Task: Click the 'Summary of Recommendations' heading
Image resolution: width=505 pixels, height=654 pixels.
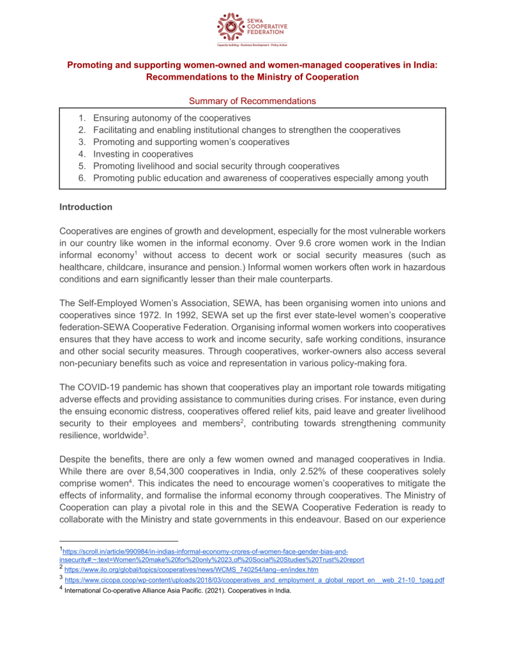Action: point(252,101)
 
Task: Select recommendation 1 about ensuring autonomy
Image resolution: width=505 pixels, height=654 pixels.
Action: point(171,118)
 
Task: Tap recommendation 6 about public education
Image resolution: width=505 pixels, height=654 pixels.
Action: point(260,178)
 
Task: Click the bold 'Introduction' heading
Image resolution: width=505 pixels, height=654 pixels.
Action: point(86,207)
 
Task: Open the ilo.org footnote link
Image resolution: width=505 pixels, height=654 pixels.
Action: point(192,569)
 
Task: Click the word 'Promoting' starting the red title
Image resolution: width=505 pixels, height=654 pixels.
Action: point(91,65)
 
